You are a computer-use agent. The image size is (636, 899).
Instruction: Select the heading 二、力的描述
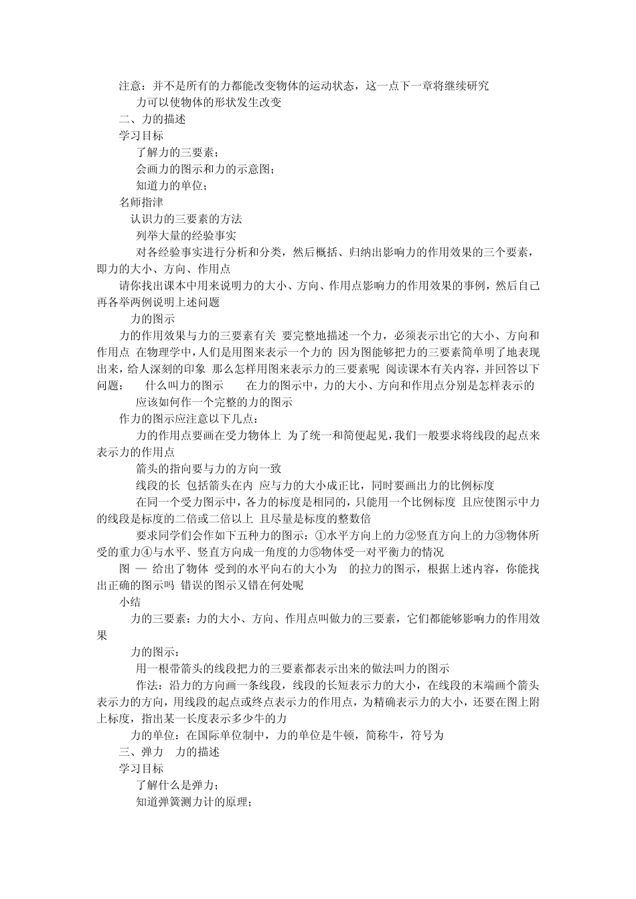tap(152, 119)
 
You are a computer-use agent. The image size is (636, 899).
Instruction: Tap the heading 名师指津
tap(141, 202)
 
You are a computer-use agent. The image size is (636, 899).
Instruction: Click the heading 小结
tap(130, 602)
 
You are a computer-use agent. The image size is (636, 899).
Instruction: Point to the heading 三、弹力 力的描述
tap(169, 752)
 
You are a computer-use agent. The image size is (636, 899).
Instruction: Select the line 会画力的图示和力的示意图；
tap(205, 169)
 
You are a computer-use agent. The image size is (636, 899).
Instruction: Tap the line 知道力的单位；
tap(171, 186)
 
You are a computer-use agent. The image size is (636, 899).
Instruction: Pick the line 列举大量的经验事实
tap(185, 235)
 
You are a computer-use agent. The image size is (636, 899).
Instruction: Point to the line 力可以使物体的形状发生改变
tap(208, 102)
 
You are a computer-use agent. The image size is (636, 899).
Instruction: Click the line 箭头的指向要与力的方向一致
tap(208, 469)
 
